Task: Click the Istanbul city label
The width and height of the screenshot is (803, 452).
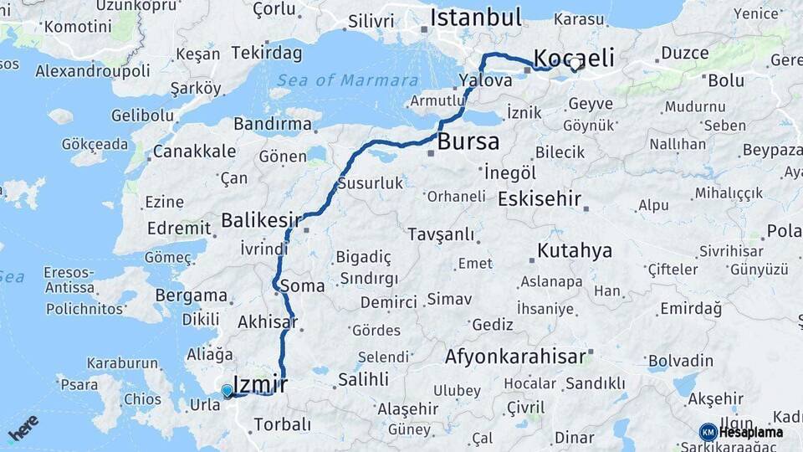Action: point(476,18)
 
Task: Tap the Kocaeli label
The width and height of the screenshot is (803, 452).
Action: point(574,58)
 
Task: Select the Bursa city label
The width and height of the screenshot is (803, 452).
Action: point(468,141)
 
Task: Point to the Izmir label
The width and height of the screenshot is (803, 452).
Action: point(260,385)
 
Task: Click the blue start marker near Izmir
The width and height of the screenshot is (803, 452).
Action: point(227,390)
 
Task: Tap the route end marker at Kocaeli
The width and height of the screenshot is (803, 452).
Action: point(575,64)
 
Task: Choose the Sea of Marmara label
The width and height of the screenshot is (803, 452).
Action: point(347,80)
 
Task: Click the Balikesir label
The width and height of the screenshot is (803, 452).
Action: point(261,220)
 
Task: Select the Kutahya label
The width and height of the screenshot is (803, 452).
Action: point(575,250)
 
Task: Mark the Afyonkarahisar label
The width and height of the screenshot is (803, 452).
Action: point(515,357)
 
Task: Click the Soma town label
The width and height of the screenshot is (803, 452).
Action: point(302,285)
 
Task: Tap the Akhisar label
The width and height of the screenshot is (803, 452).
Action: point(268,321)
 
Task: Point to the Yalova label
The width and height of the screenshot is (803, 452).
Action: point(485,80)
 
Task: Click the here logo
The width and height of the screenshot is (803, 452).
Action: point(23,428)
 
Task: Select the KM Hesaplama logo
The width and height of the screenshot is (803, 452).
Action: point(741,432)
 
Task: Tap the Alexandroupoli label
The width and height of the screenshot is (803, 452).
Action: point(93,71)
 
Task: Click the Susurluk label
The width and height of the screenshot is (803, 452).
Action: point(371,183)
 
